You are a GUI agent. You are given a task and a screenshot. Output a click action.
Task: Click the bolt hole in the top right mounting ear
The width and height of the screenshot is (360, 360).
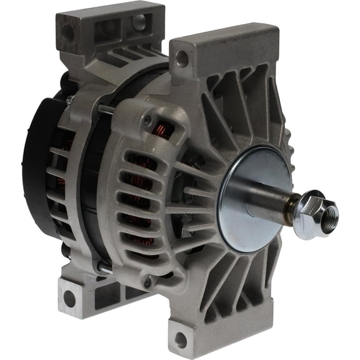(182, 60)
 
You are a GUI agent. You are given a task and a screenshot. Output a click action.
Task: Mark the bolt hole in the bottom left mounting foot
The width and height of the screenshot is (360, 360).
(69, 299)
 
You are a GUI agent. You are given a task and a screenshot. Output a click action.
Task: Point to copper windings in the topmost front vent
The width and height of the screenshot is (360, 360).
(164, 128)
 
